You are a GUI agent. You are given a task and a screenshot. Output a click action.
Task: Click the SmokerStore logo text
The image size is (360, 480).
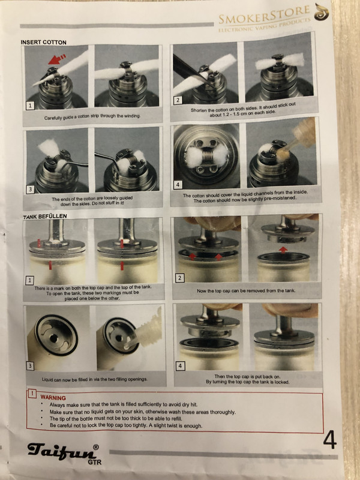[x=265, y=14]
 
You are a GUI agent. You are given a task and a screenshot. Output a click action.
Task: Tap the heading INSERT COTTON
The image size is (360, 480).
[x=43, y=42]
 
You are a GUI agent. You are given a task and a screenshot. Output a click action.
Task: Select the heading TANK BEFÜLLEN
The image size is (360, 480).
[x=45, y=216]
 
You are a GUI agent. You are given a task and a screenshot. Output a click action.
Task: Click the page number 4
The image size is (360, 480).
[x=329, y=440]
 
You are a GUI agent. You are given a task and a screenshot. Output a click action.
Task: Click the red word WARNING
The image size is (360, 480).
[x=53, y=398]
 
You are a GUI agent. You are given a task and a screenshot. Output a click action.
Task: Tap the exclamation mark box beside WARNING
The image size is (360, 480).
[x=32, y=394]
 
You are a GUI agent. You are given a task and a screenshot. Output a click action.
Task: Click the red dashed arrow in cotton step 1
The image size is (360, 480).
[x=57, y=59]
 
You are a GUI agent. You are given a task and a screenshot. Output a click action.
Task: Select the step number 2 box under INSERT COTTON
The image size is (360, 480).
[x=178, y=100]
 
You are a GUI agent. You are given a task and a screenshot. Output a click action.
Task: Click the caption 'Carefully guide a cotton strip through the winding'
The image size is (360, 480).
[x=92, y=117]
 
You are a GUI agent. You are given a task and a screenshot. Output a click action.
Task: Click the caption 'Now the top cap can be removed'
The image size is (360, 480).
[x=247, y=290]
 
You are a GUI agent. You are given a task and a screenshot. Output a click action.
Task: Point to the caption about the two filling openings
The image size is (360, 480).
[x=95, y=379]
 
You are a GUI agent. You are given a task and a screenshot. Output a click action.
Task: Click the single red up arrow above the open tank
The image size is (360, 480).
[x=283, y=250]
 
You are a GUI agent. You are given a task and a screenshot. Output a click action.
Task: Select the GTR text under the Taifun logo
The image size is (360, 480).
[x=94, y=462]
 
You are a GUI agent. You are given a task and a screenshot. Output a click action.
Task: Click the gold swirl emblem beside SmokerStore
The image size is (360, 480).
[x=322, y=12]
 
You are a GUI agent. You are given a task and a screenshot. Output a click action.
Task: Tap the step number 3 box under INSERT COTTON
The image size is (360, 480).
[x=30, y=190]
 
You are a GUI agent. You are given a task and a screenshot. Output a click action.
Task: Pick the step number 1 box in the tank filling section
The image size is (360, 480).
[x=29, y=280]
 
